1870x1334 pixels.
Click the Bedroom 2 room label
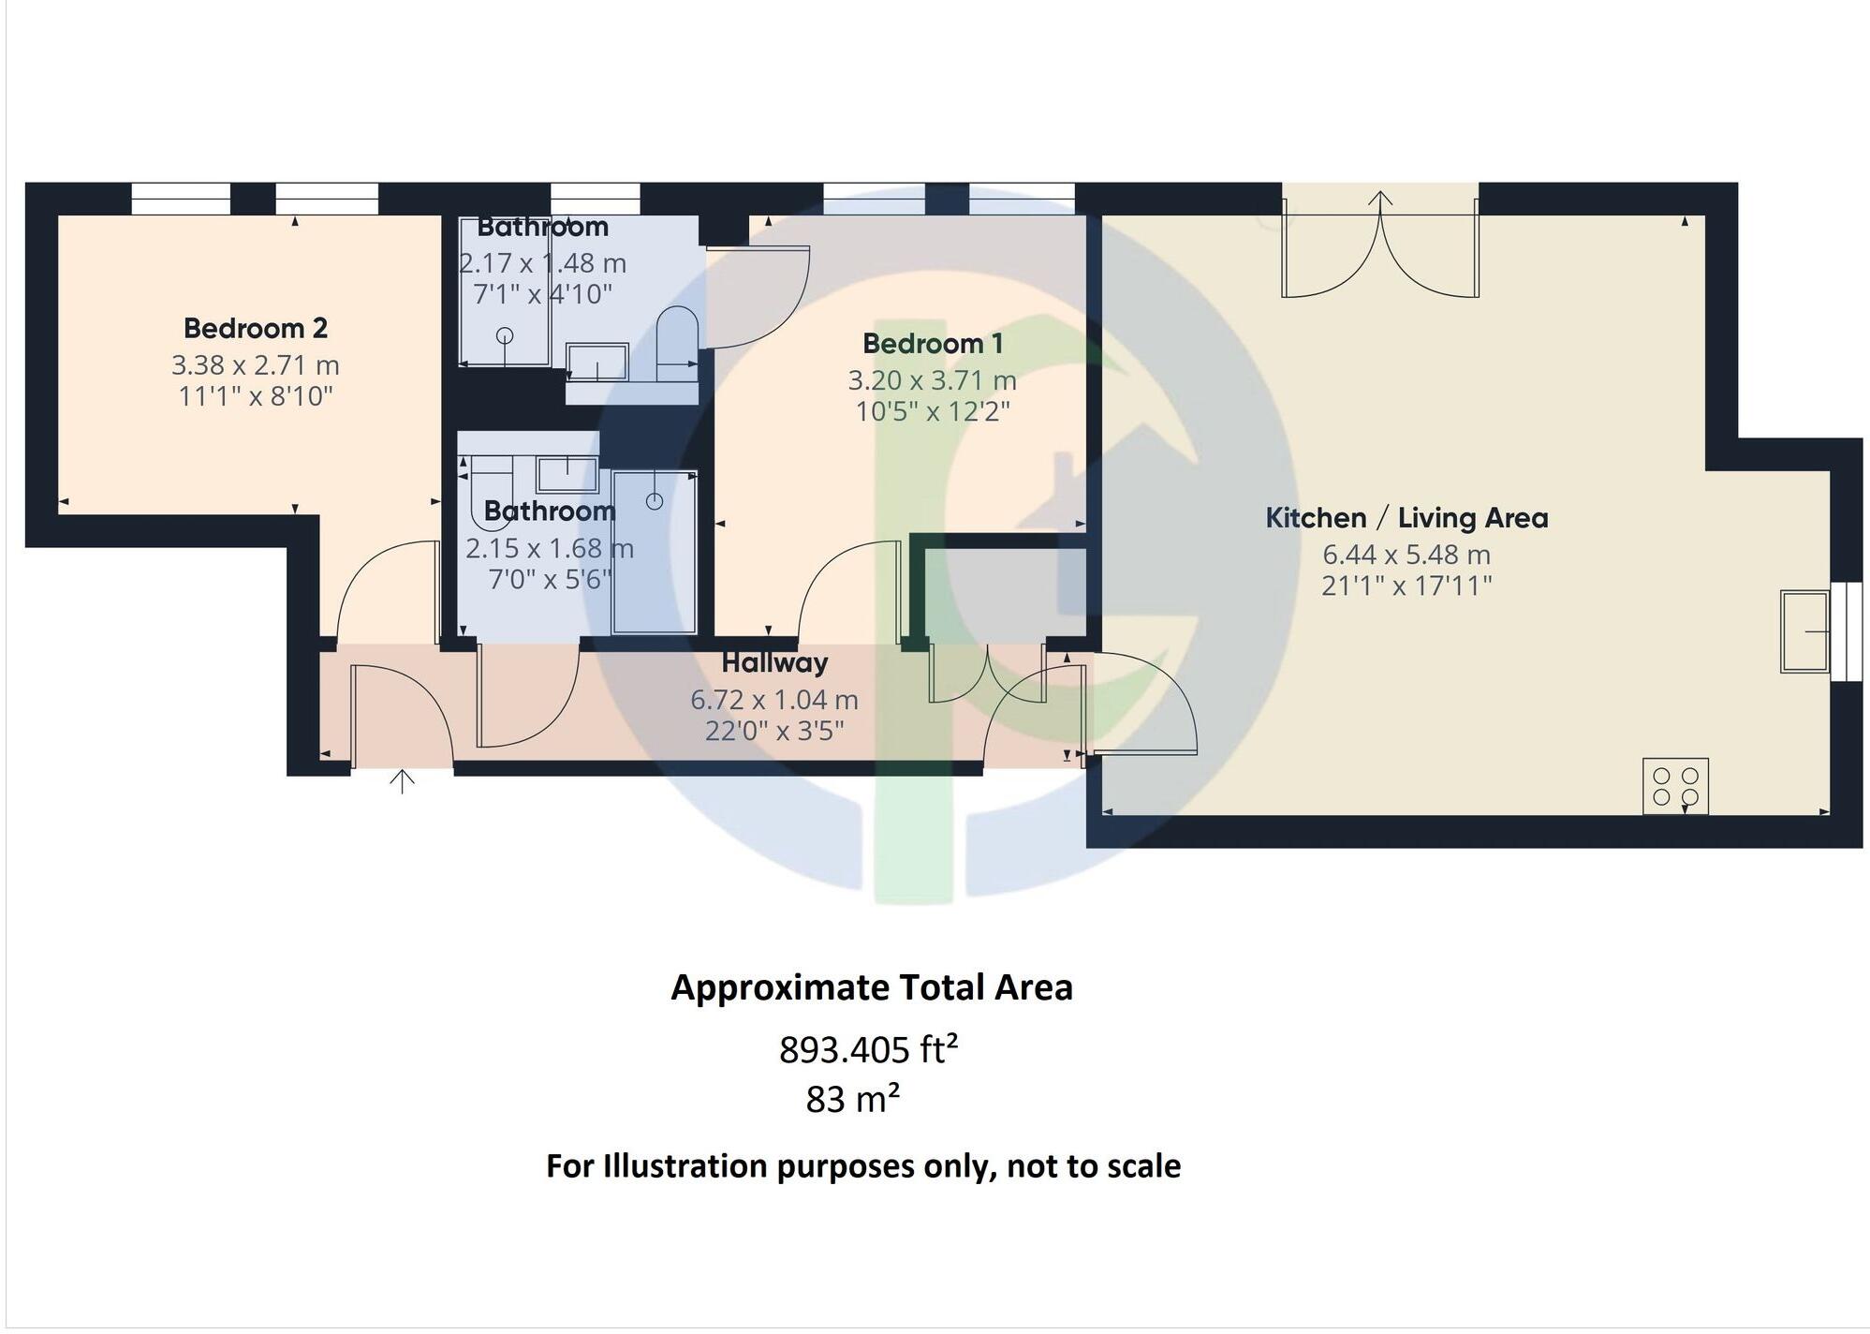coord(255,328)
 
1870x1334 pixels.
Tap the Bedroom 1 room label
coord(932,344)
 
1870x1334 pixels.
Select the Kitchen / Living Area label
coord(1406,518)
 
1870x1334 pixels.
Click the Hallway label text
coord(774,663)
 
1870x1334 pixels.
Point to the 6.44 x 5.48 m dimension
coord(1406,555)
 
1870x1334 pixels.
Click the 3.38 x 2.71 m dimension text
coord(255,365)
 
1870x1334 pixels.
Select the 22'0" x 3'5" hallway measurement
coord(774,730)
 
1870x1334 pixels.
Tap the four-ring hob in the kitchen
coord(1674,786)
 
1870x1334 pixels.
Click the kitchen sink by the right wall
coord(1803,631)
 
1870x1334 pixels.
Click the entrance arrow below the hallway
coord(402,781)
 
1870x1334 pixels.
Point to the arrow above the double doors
coord(1380,199)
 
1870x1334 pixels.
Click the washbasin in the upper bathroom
coord(596,363)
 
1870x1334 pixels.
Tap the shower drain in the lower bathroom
coord(655,502)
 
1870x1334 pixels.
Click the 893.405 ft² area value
coord(868,1050)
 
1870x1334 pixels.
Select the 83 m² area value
coord(852,1099)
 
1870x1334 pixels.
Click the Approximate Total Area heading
coord(871,988)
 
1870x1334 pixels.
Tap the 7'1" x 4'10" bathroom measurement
coord(542,294)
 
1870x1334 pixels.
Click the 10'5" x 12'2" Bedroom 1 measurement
coord(932,411)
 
